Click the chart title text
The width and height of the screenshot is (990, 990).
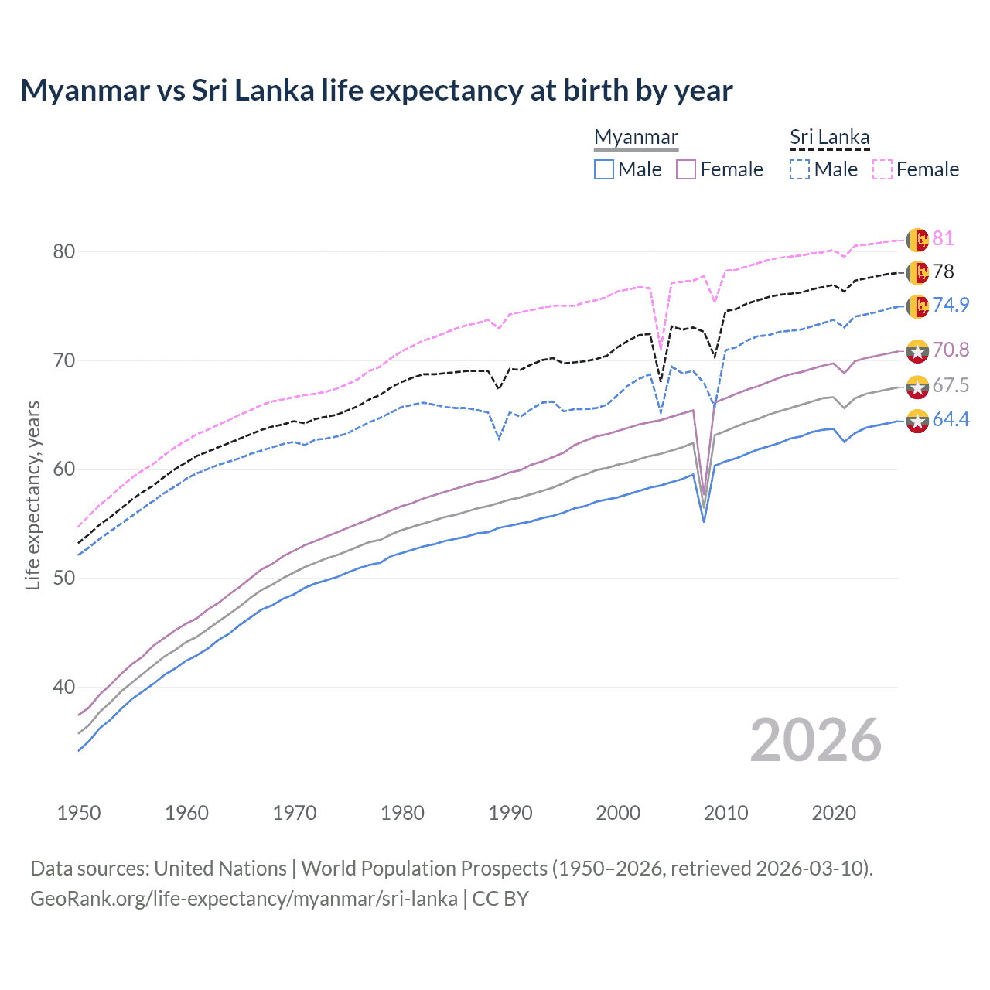point(376,90)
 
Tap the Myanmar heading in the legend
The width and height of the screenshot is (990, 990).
point(636,137)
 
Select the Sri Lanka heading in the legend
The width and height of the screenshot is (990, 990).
point(829,137)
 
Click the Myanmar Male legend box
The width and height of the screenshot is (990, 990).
point(604,169)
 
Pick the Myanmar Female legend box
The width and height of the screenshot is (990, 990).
point(686,169)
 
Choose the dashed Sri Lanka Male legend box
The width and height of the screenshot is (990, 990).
point(800,169)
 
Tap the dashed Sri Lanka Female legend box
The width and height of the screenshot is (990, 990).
point(882,169)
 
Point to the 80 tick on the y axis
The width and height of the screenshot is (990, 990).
point(64,251)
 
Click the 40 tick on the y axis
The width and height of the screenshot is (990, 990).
point(64,687)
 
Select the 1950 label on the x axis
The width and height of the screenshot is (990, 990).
point(79,813)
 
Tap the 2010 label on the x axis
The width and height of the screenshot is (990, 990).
point(725,813)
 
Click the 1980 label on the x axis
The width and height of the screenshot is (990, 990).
point(402,813)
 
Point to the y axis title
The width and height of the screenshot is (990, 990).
point(33,495)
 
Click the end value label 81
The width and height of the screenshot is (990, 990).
point(943,238)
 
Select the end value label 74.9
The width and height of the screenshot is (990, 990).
point(951,305)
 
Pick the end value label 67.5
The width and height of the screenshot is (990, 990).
point(951,385)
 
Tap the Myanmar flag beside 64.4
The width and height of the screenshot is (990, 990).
point(917,421)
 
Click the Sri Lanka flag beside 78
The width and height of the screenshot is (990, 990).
point(917,272)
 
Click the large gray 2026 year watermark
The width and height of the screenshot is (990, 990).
point(815,740)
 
